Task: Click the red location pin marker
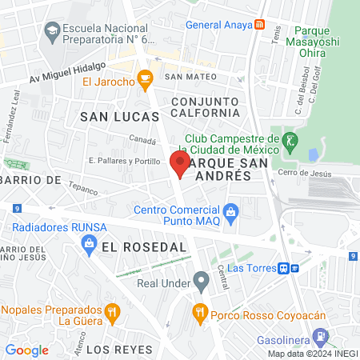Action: pos(179,163)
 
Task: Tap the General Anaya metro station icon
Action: pos(260,25)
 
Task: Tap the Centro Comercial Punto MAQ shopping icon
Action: pos(231,212)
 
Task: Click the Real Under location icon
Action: pos(200,282)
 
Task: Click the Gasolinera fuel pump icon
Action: pos(321,336)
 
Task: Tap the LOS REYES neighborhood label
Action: pos(118,350)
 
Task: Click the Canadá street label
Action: pos(143,140)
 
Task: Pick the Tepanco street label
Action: pos(82,190)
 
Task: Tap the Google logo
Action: pos(26,350)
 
